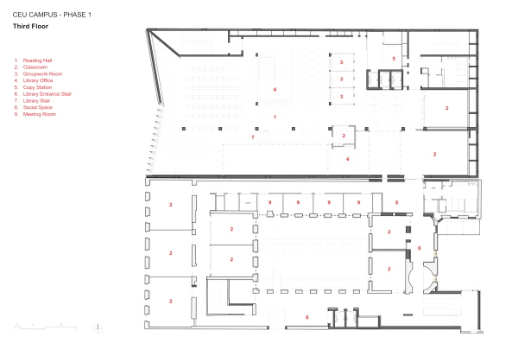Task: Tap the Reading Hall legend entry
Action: [33, 61]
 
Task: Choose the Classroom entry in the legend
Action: [32, 67]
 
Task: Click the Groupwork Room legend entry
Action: [37, 73]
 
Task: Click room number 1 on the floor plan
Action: [275, 116]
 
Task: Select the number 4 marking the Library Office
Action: [348, 159]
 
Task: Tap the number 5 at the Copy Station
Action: [393, 59]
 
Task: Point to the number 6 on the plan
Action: [275, 89]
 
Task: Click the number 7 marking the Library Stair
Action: [252, 137]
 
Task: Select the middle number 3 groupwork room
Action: [342, 79]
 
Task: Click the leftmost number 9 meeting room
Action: [270, 203]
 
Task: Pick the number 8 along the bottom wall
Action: [307, 318]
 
